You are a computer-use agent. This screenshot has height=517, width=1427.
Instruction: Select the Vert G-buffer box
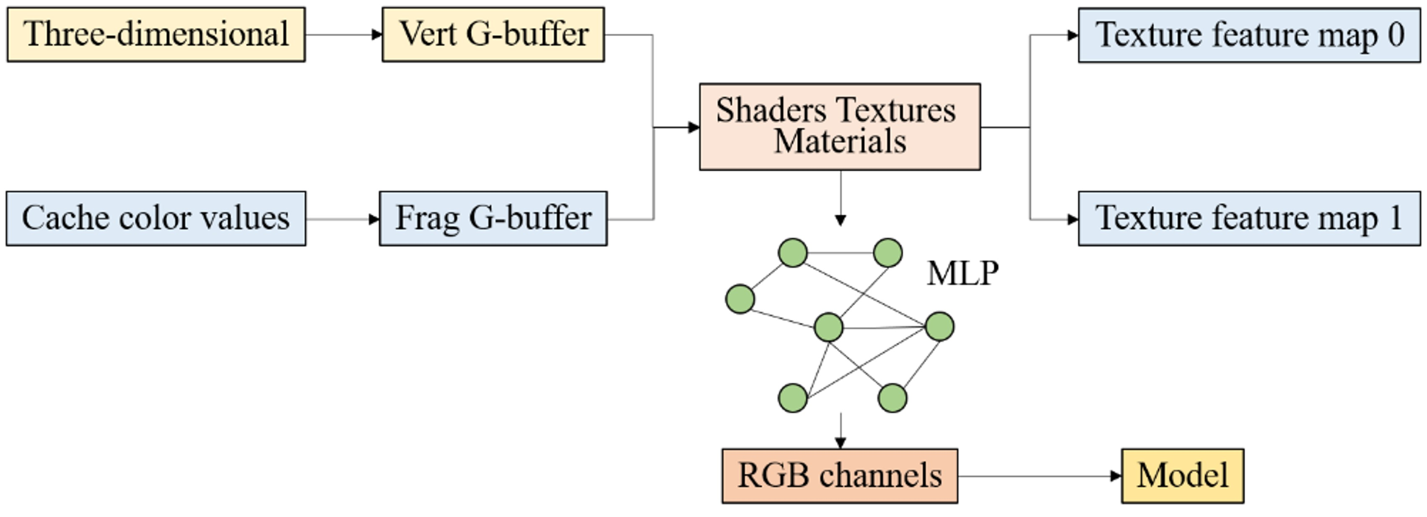pyautogui.click(x=493, y=34)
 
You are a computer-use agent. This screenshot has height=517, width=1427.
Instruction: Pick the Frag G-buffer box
pyautogui.click(x=493, y=218)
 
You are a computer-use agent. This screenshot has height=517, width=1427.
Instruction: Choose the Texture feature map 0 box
pyautogui.click(x=1249, y=35)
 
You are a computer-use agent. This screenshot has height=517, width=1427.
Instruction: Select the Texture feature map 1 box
pyautogui.click(x=1249, y=218)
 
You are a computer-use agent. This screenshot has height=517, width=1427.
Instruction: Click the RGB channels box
pyautogui.click(x=840, y=476)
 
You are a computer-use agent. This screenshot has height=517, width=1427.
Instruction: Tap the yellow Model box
pyautogui.click(x=1183, y=476)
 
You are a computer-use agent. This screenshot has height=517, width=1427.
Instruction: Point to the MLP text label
pyautogui.click(x=963, y=273)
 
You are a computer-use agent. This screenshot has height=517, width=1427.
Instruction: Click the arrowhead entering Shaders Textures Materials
pyautogui.click(x=693, y=127)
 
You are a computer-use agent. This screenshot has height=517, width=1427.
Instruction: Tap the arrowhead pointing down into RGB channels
pyautogui.click(x=841, y=442)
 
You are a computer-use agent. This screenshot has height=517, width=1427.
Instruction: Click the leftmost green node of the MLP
pyautogui.click(x=740, y=299)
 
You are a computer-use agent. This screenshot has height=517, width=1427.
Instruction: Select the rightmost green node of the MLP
pyautogui.click(x=939, y=326)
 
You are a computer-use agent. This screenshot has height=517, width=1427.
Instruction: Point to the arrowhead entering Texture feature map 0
pyautogui.click(x=1072, y=35)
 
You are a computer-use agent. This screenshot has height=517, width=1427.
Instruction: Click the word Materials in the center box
pyautogui.click(x=840, y=142)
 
